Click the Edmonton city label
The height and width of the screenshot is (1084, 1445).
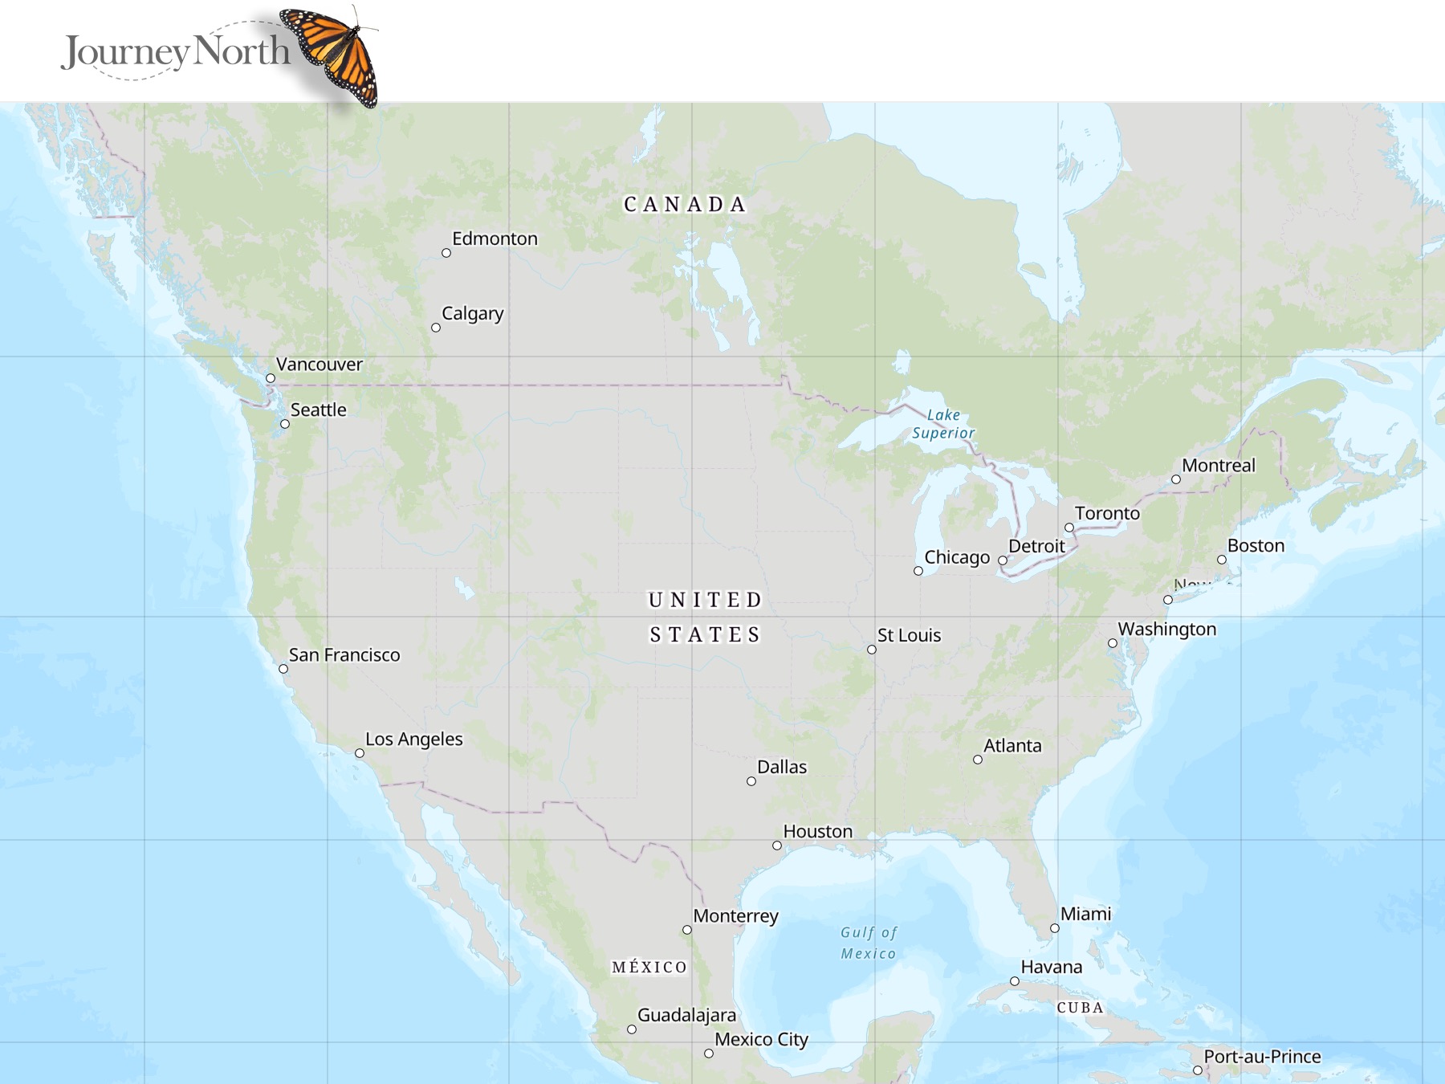click(495, 238)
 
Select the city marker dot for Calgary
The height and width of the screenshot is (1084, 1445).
click(436, 328)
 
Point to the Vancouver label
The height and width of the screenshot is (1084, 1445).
click(320, 364)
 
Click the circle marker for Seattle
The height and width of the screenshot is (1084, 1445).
click(285, 424)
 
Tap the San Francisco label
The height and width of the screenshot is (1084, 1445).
click(344, 654)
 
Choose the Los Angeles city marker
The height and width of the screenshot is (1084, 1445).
click(360, 753)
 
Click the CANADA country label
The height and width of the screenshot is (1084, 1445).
click(685, 205)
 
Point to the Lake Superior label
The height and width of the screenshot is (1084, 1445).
click(943, 424)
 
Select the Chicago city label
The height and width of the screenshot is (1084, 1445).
click(957, 556)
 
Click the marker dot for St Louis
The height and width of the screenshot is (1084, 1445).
click(872, 650)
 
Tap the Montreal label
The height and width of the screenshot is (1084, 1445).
click(1219, 465)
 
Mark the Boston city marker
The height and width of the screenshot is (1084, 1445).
click(1222, 560)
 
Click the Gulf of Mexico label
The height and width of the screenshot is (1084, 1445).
click(869, 943)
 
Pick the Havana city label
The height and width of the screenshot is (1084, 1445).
click(1052, 967)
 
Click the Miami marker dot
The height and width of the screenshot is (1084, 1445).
click(1055, 928)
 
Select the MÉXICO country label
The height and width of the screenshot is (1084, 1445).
click(649, 967)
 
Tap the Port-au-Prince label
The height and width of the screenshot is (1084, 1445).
click(1262, 1056)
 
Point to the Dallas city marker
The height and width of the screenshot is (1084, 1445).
click(751, 781)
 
